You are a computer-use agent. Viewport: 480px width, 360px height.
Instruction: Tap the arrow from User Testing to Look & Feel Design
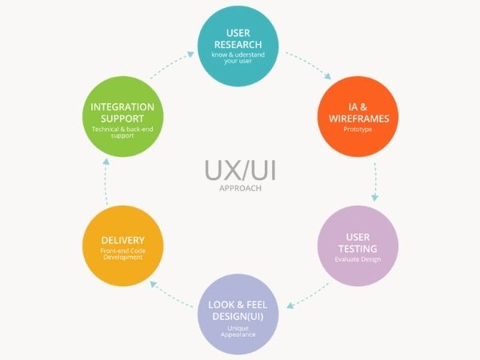[x=307, y=298]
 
